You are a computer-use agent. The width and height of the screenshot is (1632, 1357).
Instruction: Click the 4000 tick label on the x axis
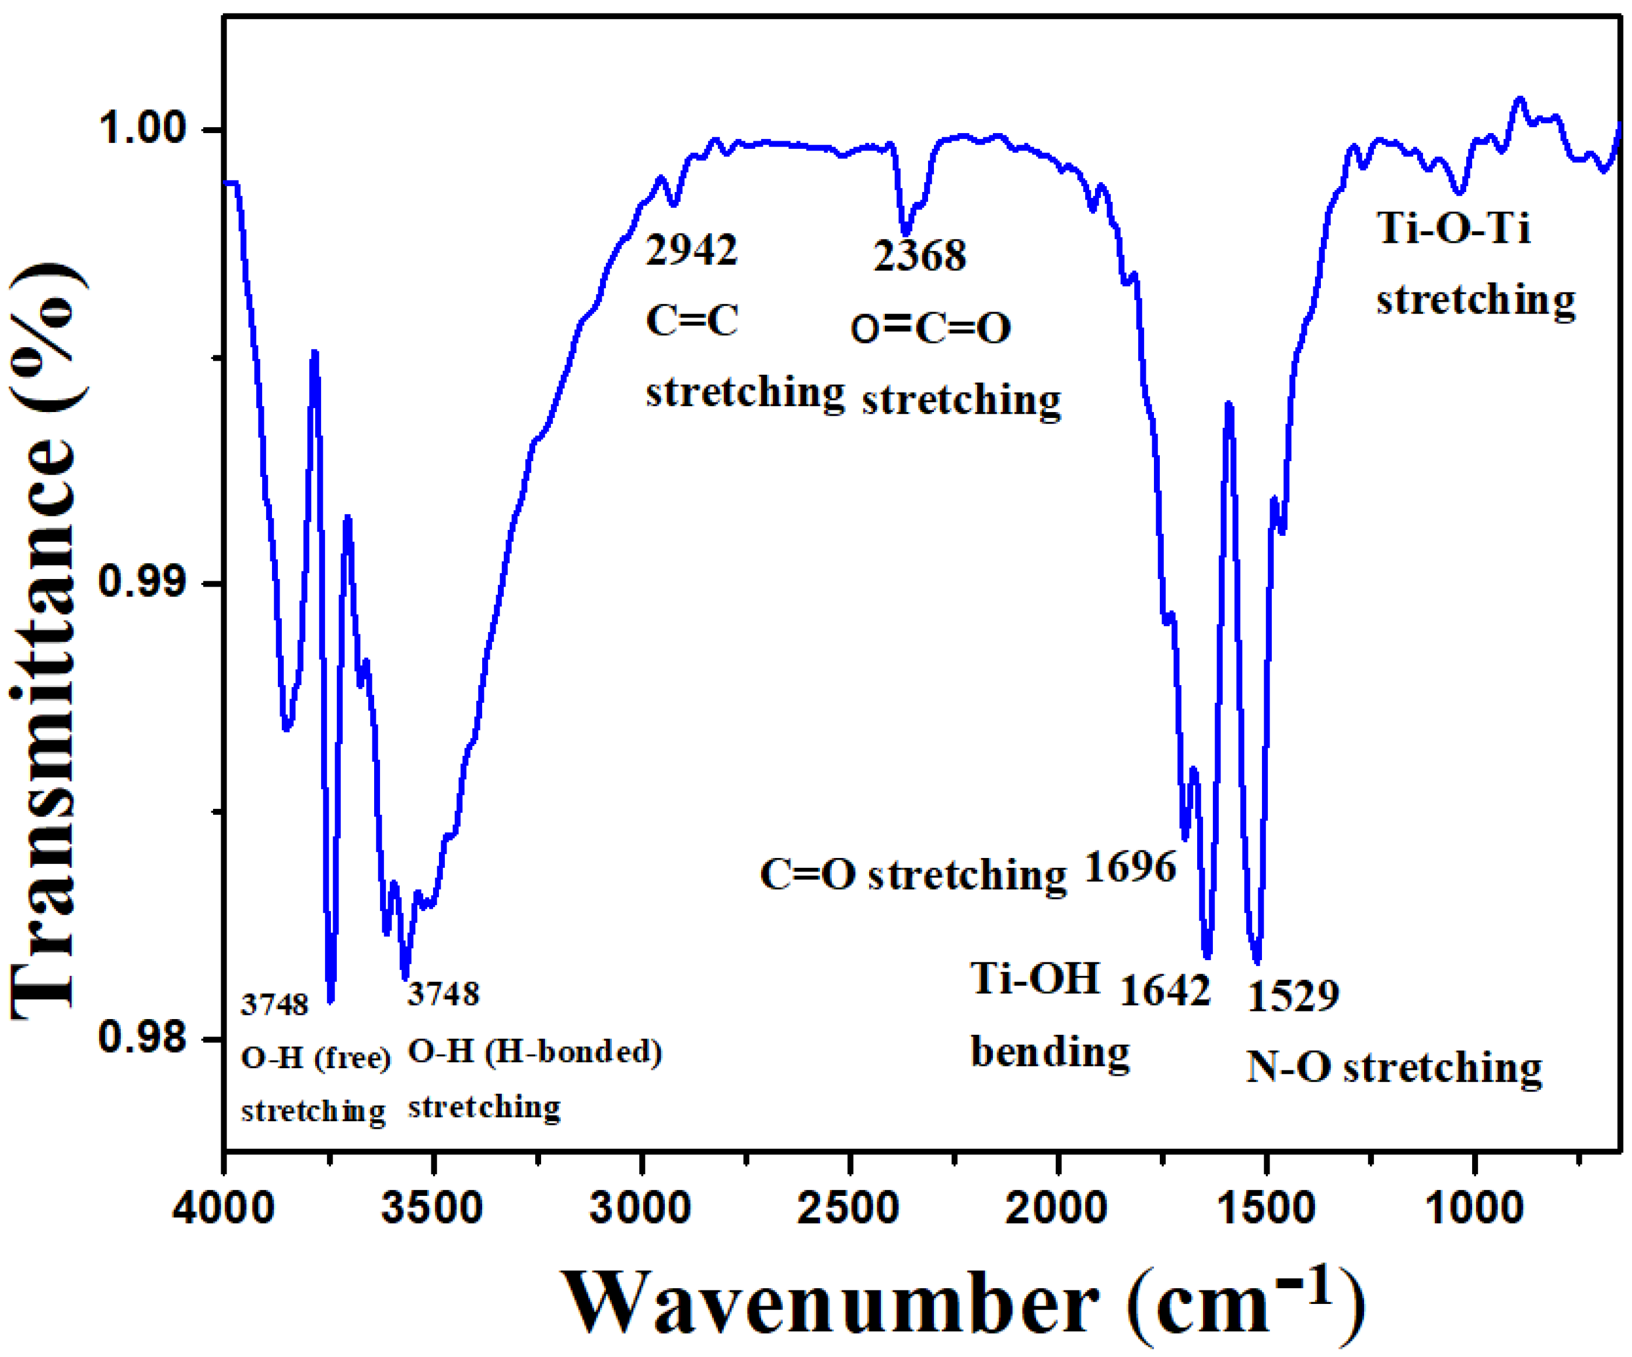coord(223,1209)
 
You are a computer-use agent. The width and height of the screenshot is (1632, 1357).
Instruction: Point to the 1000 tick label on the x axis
coord(1475,1209)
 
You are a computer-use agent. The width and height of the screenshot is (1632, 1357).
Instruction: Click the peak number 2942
coord(691,251)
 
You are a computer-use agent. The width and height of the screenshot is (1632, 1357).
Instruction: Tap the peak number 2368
coord(919,256)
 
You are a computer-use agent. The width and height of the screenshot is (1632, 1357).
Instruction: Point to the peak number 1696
coord(1130,867)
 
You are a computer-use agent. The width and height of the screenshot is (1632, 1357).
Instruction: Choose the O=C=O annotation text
coord(931,328)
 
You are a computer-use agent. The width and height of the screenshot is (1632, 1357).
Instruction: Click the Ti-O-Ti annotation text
coord(1453,229)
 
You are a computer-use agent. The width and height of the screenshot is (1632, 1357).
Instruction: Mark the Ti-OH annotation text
coord(1035,979)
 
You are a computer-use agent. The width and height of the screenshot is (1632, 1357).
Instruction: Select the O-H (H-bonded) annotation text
coord(535,1052)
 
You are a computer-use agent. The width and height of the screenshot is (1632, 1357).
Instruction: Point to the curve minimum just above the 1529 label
coord(1257,960)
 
